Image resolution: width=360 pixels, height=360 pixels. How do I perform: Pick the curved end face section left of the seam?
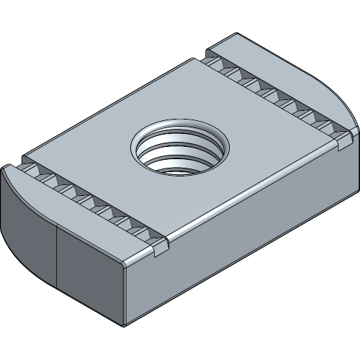29,230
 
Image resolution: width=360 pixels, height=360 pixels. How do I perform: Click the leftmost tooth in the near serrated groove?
32,171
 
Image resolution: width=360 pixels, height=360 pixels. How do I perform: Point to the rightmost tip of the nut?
357,130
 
